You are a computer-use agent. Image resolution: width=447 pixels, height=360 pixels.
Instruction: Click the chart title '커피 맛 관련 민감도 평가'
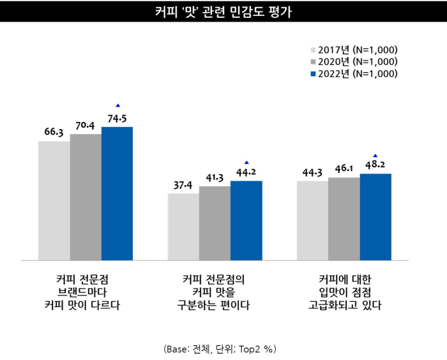pyautogui.click(x=223, y=12)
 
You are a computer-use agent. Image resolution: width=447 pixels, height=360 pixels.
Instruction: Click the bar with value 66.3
pyautogui.click(x=54, y=200)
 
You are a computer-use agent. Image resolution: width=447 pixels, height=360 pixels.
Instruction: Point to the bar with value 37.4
pyautogui.click(x=183, y=227)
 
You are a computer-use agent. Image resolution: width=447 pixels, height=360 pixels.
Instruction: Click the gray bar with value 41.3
pyautogui.click(x=215, y=223)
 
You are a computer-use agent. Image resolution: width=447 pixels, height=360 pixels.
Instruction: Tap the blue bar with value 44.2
pyautogui.click(x=246, y=220)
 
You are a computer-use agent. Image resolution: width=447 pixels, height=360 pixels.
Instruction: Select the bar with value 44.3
pyautogui.click(x=312, y=220)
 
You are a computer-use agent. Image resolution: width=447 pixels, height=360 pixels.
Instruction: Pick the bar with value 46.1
pyautogui.click(x=344, y=219)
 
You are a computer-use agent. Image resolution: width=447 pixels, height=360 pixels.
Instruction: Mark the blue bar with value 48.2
pyautogui.click(x=375, y=217)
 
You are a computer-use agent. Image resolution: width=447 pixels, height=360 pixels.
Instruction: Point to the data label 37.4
pyautogui.click(x=183, y=185)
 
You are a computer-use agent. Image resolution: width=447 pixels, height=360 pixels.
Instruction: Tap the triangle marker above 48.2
pyautogui.click(x=375, y=155)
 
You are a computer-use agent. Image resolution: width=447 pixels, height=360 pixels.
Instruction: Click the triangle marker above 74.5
pyautogui.click(x=117, y=105)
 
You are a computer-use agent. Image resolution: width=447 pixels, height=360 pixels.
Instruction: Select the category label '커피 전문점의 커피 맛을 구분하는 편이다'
pyautogui.click(x=214, y=292)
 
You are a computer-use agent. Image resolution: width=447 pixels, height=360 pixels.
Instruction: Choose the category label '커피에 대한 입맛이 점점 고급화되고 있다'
pyautogui.click(x=343, y=292)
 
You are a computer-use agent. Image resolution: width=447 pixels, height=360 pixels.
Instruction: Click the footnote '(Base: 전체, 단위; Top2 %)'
pyautogui.click(x=220, y=349)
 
